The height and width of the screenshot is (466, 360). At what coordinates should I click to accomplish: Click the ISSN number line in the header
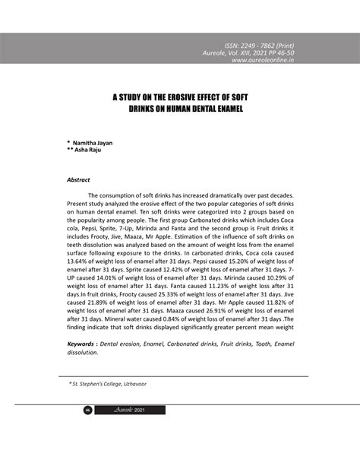[264, 46]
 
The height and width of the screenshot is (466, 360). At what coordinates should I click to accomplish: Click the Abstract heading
[79, 181]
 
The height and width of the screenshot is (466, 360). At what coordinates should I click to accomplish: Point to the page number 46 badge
[87, 410]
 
